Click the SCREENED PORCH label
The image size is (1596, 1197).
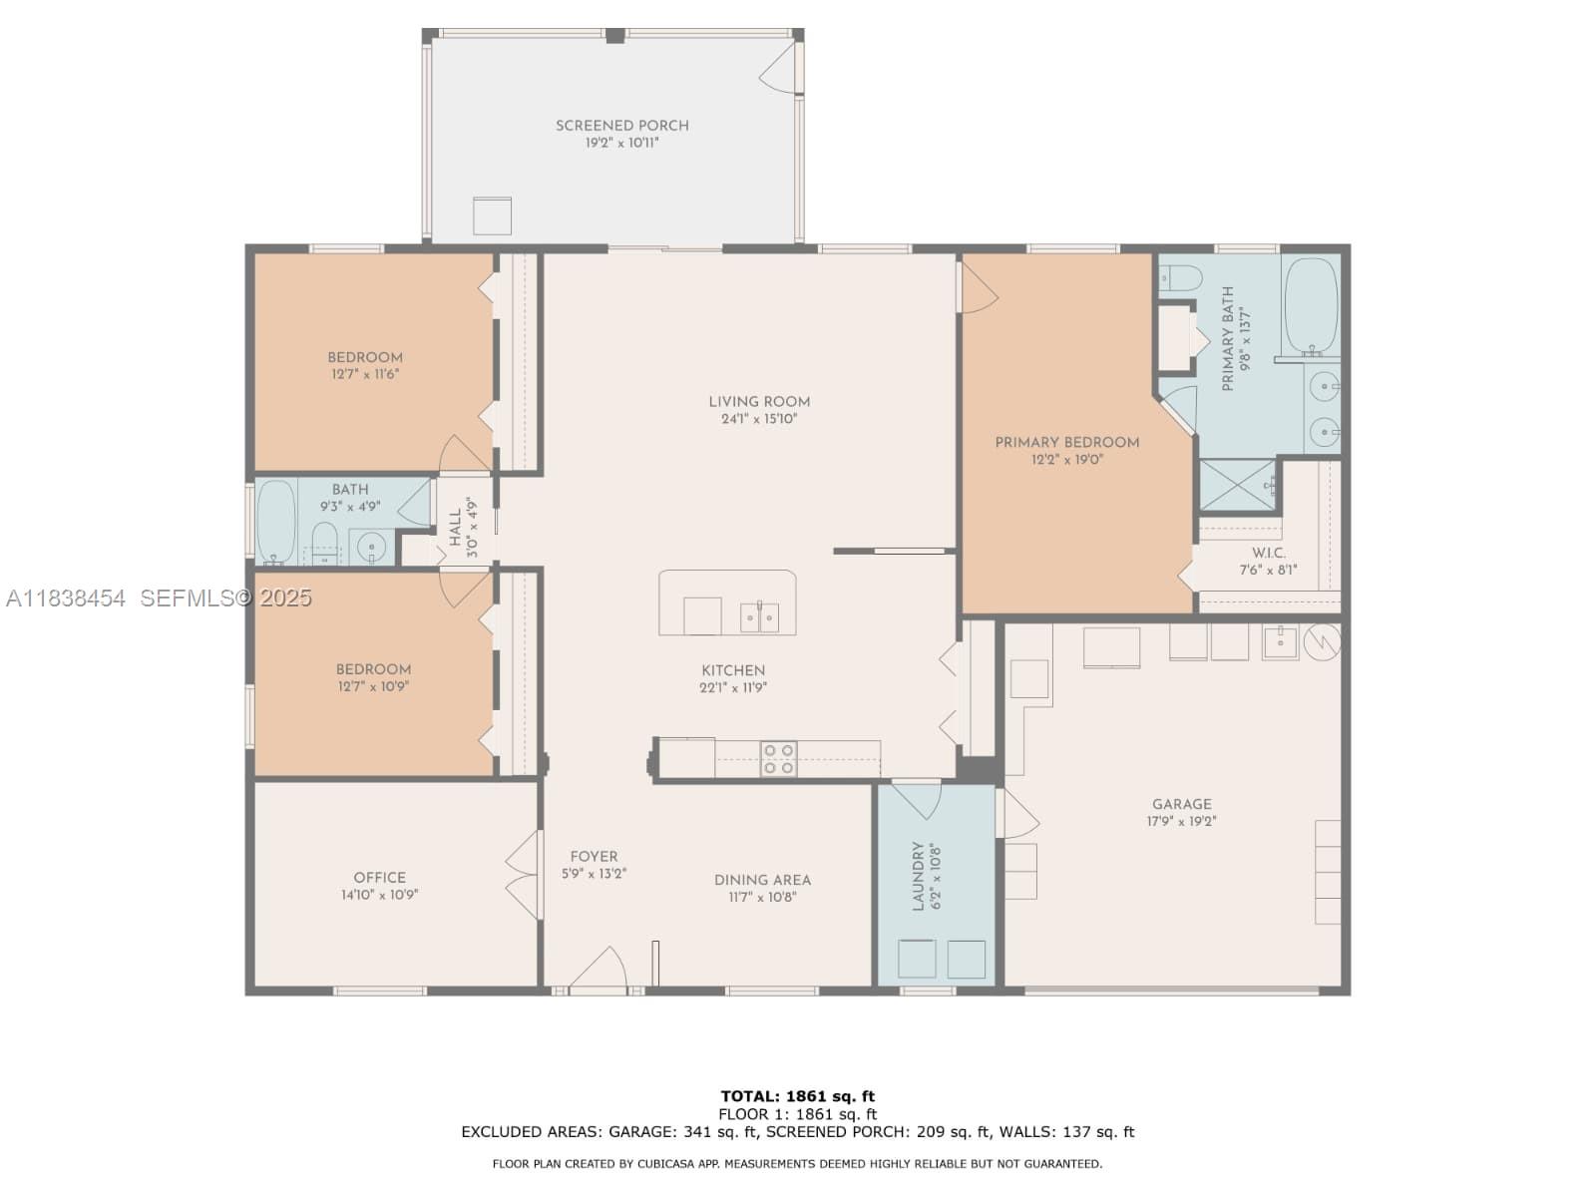[x=621, y=126]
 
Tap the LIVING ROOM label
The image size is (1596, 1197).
[x=759, y=402]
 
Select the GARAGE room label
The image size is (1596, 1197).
[x=1182, y=804]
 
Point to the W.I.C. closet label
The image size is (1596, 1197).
[x=1268, y=553]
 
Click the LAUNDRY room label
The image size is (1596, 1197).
[x=918, y=876]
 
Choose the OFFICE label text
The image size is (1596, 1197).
[x=380, y=877]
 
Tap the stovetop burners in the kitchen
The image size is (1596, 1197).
[x=778, y=759]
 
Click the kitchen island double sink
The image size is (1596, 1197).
[x=759, y=617]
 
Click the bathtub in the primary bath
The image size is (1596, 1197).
[x=1311, y=306]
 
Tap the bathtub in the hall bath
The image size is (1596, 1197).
[x=276, y=521]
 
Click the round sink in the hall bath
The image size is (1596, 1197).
[x=371, y=546]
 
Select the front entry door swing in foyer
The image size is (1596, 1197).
[x=598, y=968]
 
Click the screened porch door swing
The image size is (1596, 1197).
[x=778, y=67]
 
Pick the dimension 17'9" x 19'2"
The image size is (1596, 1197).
[x=1182, y=821]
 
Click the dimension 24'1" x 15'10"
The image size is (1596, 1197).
[x=759, y=419]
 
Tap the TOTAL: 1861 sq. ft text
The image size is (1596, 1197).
[x=798, y=1096]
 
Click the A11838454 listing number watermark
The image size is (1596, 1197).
[x=66, y=598]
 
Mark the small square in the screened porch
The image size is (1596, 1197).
[x=492, y=215]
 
